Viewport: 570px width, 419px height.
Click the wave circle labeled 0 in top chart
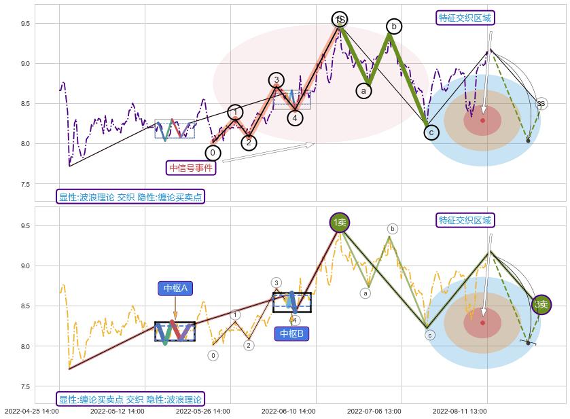(x=213, y=153)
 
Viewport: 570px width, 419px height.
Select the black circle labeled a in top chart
(x=364, y=90)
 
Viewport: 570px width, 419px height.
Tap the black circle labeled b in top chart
(x=394, y=26)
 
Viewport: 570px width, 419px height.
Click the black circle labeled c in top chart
(x=431, y=132)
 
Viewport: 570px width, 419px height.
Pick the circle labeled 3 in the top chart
(x=276, y=80)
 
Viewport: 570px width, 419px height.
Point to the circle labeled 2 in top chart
(x=249, y=143)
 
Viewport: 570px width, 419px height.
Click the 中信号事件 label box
(x=191, y=167)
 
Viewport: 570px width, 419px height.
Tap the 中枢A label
(x=175, y=288)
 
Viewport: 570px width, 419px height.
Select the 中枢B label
(x=292, y=333)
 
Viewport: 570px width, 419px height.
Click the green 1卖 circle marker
(x=340, y=222)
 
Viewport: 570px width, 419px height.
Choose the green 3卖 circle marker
(x=541, y=305)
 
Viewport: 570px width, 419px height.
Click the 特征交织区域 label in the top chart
(x=465, y=18)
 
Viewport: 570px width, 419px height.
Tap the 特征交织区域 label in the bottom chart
(x=465, y=220)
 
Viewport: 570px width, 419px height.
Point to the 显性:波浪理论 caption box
(x=130, y=197)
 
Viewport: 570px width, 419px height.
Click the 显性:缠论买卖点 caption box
(x=130, y=399)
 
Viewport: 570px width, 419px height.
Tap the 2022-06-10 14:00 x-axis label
(x=288, y=411)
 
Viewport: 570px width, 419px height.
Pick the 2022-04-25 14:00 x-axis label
(x=31, y=411)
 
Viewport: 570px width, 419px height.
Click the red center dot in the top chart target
(x=483, y=120)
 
